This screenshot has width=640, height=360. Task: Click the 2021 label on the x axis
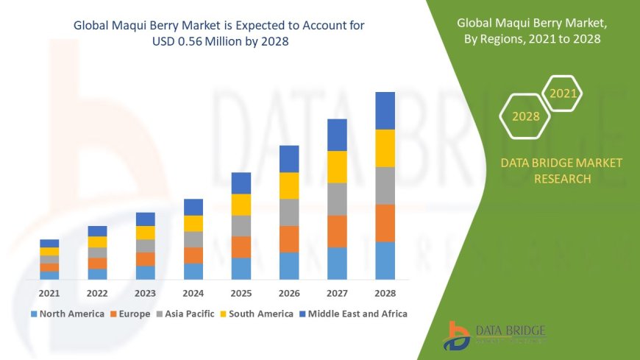pos(49,293)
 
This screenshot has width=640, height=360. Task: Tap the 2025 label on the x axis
pos(241,293)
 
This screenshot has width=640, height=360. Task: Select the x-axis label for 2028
pos(385,293)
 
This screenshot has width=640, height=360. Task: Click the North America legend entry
pos(67,314)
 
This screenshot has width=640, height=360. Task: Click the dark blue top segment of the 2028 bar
pos(385,110)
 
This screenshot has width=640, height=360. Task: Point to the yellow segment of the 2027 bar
pos(337,166)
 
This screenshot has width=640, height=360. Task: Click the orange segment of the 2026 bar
pos(289,239)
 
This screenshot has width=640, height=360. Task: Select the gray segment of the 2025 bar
pos(241,225)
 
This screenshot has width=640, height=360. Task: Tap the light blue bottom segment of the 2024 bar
pos(193,271)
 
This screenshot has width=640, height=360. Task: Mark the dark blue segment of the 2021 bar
pos(49,243)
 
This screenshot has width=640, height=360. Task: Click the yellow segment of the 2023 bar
pos(146,233)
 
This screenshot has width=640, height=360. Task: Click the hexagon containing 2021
pos(563,93)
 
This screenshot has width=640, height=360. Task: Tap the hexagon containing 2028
pos(526,116)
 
